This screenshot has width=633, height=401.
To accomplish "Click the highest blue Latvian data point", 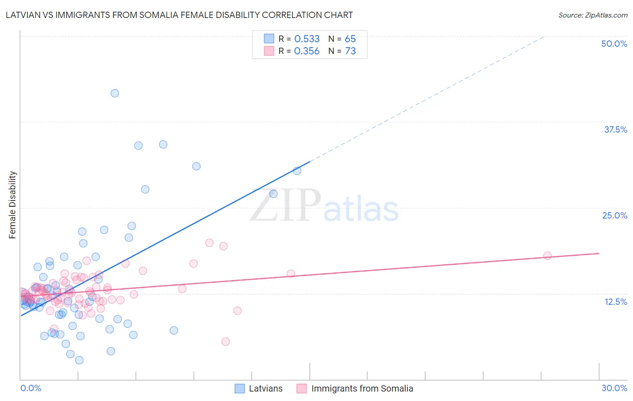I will [115, 93].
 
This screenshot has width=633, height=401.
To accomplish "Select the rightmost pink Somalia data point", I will [547, 255].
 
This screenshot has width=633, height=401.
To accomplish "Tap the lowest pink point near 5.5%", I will [226, 342].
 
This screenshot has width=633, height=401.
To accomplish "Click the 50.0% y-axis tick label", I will [614, 44].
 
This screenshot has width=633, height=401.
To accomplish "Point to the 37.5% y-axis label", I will [615, 129].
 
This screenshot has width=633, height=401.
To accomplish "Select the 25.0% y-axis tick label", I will [615, 215].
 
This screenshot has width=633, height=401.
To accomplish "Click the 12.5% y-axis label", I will [615, 302].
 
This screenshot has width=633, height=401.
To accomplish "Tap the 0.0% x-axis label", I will [31, 388].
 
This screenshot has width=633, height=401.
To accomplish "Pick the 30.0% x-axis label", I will [614, 388].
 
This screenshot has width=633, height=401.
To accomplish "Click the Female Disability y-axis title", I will [13, 205].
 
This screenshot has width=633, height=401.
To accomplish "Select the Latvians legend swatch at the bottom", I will [240, 388].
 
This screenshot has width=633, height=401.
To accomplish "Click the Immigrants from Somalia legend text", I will [362, 388].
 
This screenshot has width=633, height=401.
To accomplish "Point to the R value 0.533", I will [307, 39].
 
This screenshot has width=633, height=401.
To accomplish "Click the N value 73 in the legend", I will [350, 51].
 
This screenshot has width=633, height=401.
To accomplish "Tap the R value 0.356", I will [307, 51].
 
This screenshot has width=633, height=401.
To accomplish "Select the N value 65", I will [350, 39].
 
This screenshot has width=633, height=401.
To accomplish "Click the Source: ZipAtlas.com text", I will [592, 15].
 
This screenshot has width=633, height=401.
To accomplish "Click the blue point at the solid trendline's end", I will [297, 170].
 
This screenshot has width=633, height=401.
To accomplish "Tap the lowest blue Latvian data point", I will [79, 360].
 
